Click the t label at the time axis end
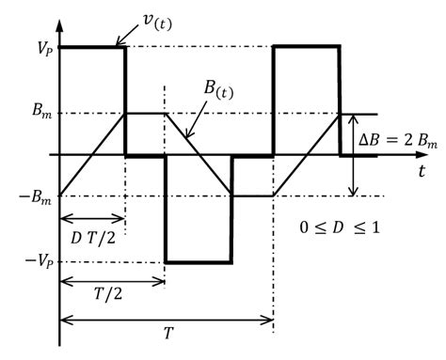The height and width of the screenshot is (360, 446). [416, 170]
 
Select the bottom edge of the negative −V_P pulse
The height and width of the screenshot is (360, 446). [198, 261]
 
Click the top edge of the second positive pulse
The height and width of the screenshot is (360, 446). [306, 46]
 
